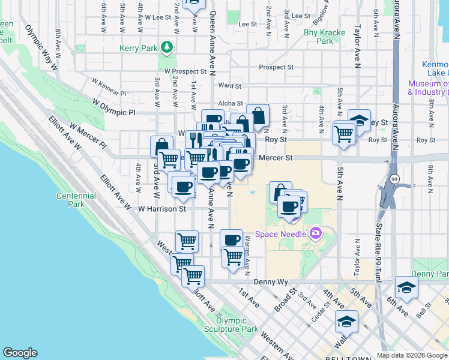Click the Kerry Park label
tap(139, 47)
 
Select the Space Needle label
tap(281, 233)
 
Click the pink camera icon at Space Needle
tap(315, 233)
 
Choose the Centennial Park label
tap(76, 200)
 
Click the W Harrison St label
tap(162, 209)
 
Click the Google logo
tap(20, 353)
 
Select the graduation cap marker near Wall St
tap(346, 322)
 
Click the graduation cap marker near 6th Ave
tap(406, 287)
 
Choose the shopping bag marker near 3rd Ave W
tap(161, 146)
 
